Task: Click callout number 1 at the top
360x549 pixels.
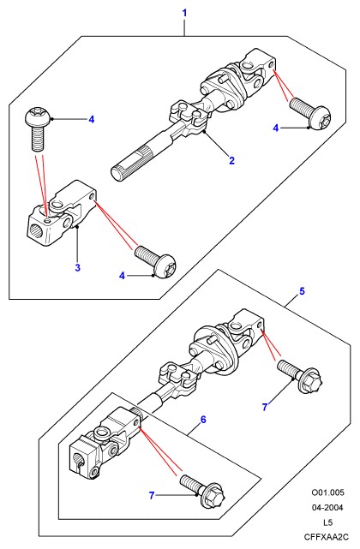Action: coord(185,14)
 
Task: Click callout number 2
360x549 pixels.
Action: coord(231,161)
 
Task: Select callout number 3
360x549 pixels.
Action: coord(77,268)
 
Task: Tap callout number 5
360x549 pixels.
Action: coord(303,291)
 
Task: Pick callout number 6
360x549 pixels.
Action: coord(203,420)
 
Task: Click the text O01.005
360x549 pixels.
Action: coord(328,492)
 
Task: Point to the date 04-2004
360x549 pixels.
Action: coord(327,508)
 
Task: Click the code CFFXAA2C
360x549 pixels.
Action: coord(327,537)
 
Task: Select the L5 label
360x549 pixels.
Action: coord(327,522)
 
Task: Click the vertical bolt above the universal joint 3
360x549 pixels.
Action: coord(38,129)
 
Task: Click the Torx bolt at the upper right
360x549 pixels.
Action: coord(310,113)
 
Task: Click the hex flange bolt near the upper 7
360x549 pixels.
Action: coord(300,376)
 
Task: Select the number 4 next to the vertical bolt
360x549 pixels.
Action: coord(92,120)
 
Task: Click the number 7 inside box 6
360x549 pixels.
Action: coord(152,495)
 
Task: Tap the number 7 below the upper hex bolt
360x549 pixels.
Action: coord(265,407)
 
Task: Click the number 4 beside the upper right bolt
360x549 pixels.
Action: coord(276,128)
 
